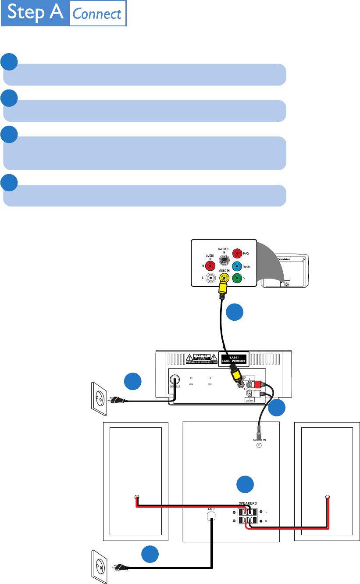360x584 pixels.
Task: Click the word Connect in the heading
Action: (97, 14)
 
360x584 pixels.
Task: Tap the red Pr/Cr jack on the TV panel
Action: (237, 254)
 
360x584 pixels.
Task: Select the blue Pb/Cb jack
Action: (237, 265)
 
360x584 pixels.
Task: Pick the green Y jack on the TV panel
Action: (237, 277)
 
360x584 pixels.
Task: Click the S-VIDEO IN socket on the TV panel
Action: (224, 261)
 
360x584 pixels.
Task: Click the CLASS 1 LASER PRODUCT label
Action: (233, 359)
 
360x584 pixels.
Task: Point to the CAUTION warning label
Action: (201, 359)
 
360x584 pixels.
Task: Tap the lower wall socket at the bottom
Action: (99, 567)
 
